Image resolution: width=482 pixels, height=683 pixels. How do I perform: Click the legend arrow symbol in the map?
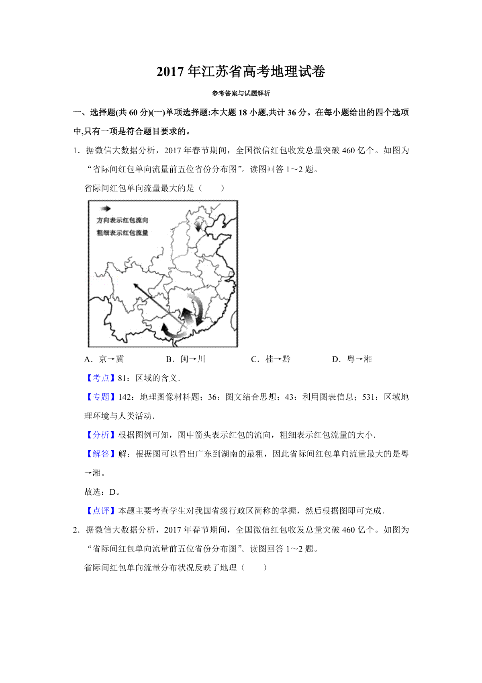(106, 208)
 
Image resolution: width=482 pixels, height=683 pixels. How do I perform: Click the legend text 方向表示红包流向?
(123, 220)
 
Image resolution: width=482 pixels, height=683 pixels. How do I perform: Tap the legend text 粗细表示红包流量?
(123, 232)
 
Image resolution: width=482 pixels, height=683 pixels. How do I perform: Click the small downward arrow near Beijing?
(198, 226)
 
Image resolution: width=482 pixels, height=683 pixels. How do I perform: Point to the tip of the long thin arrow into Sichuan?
(135, 285)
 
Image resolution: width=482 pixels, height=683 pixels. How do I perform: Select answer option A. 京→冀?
(104, 359)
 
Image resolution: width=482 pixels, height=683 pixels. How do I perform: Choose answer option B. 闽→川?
(186, 359)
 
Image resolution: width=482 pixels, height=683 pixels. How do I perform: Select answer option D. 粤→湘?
(352, 359)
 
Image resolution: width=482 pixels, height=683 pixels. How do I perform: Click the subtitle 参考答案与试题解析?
(241, 93)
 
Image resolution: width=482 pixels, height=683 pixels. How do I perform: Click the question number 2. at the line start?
(76, 530)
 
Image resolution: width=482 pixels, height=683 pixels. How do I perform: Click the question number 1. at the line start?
(76, 150)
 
